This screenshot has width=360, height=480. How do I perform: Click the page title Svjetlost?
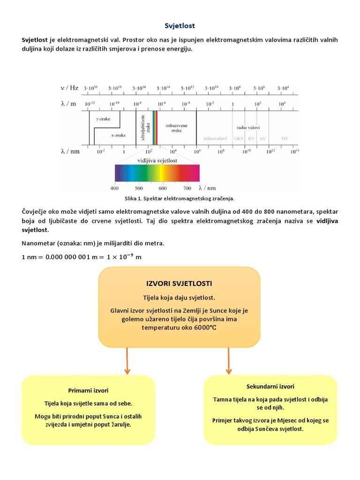[180, 25]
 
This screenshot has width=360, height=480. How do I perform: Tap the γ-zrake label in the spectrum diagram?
[103, 119]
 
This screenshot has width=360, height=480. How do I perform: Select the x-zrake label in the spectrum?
[118, 135]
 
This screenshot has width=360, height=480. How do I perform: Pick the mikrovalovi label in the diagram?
[215, 138]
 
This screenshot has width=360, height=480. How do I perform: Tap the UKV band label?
[239, 138]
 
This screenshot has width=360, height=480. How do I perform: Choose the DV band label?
[285, 138]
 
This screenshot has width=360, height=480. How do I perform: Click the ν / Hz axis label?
[69, 88]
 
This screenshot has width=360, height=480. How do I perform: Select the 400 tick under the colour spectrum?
[114, 188]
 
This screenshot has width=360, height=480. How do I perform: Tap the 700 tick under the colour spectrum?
[187, 188]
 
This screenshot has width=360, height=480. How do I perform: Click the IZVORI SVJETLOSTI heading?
[179, 284]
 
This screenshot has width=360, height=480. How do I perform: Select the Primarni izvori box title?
[88, 390]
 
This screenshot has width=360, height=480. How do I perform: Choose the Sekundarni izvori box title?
[270, 386]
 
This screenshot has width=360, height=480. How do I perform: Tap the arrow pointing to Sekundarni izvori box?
[228, 361]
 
